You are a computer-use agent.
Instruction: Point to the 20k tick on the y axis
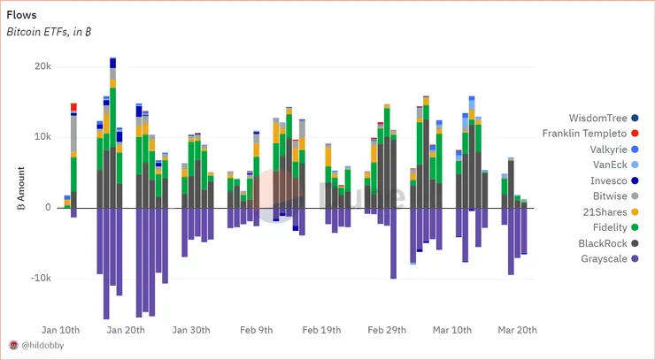(42, 66)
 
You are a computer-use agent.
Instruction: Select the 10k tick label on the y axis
(42, 137)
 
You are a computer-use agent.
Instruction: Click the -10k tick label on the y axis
(39, 278)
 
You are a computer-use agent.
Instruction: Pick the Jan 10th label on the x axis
(62, 330)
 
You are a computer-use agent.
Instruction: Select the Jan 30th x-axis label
(191, 330)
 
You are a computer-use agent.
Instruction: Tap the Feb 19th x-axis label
(322, 330)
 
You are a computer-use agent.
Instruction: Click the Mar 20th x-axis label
(517, 330)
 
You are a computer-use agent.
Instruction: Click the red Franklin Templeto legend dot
(636, 134)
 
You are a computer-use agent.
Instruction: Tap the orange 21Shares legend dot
(636, 211)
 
